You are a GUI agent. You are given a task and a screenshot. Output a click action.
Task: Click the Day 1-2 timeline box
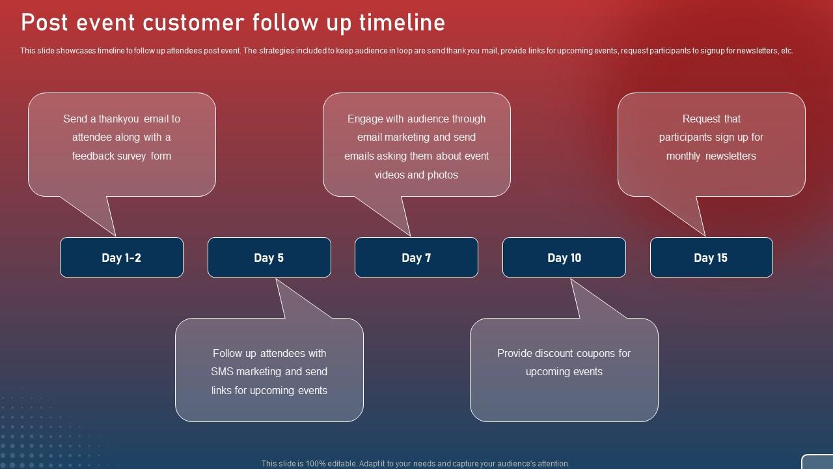pyautogui.click(x=122, y=257)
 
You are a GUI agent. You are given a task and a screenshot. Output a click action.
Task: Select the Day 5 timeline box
pyautogui.click(x=269, y=257)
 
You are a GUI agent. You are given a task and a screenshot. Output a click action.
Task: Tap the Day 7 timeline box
pyautogui.click(x=416, y=257)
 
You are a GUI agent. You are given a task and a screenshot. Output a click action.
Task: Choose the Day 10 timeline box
pyautogui.click(x=564, y=257)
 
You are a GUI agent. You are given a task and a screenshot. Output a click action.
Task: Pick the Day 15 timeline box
pyautogui.click(x=711, y=257)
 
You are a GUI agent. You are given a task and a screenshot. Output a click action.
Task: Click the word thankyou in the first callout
pyautogui.click(x=119, y=119)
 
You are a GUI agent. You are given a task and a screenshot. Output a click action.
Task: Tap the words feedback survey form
pyautogui.click(x=122, y=156)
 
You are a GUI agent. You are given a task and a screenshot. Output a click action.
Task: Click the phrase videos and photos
pyautogui.click(x=416, y=175)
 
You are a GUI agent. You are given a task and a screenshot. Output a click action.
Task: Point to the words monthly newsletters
pyautogui.click(x=711, y=156)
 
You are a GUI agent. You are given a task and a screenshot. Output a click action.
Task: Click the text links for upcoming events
pyautogui.click(x=269, y=391)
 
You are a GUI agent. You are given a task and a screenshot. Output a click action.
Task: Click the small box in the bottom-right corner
pyautogui.click(x=817, y=462)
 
